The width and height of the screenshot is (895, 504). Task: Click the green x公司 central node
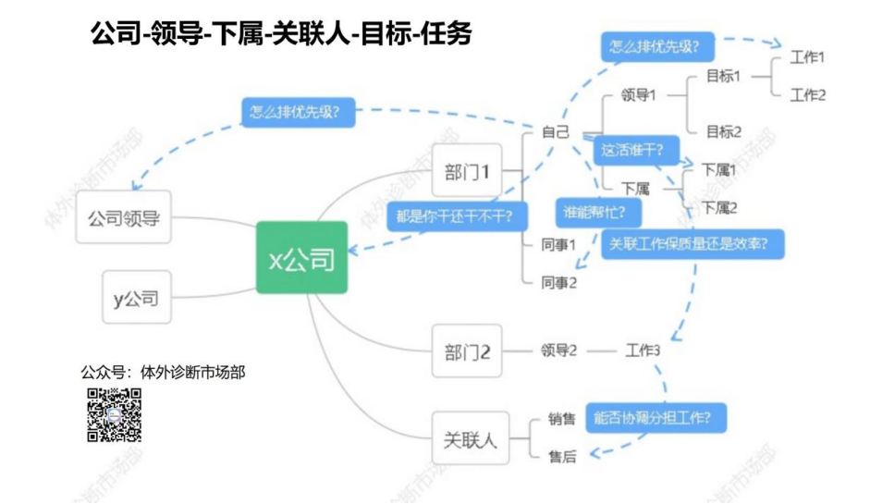[x=302, y=259]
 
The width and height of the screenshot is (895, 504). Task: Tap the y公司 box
[x=136, y=298]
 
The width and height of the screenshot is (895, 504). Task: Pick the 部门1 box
[x=467, y=171]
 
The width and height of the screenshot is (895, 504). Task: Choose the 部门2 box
[x=467, y=351]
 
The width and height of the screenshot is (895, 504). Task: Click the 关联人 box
[x=471, y=438]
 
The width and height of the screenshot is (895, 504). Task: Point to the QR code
[x=115, y=415]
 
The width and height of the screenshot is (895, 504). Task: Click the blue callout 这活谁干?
[x=636, y=149]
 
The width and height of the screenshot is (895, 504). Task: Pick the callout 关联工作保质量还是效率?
[x=693, y=244]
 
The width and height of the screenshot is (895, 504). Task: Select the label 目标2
[x=724, y=131]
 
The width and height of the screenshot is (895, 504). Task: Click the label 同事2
[x=558, y=282]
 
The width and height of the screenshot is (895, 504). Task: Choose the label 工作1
[x=807, y=57]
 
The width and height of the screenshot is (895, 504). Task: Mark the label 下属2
[x=719, y=207]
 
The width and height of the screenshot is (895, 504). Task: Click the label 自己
[x=556, y=132]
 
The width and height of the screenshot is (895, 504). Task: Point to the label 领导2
[x=558, y=350]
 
